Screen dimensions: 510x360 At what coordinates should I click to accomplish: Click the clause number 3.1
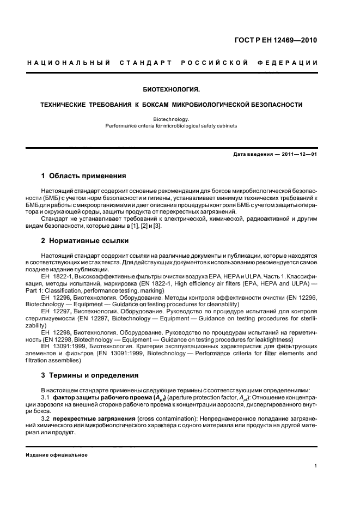[46, 397]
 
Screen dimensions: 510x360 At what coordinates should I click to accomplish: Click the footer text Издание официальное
[57, 454]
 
